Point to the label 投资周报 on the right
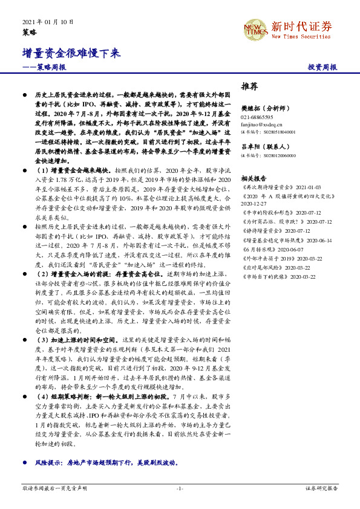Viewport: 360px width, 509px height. pos(322,68)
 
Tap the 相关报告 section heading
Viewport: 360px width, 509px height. pos(253,179)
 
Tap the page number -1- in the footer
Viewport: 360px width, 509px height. pos(180,488)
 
